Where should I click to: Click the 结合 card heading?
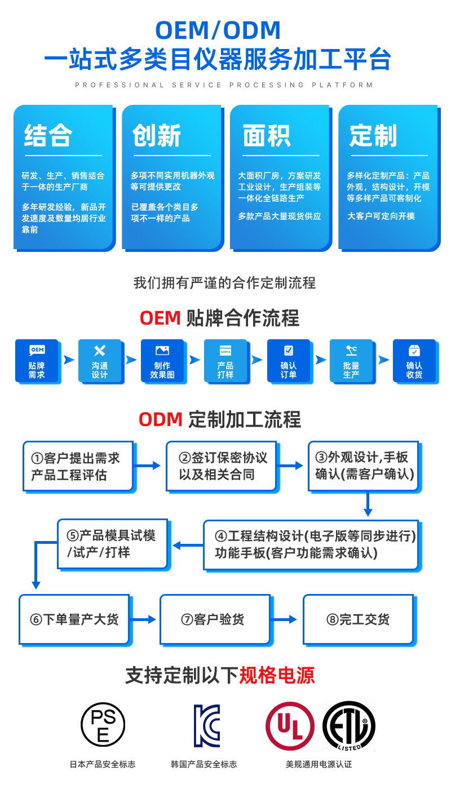(x=48, y=136)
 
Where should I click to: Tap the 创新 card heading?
(x=157, y=136)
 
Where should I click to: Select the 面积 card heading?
(x=266, y=136)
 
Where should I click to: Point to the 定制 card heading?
(x=373, y=136)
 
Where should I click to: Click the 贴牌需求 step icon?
(x=37, y=351)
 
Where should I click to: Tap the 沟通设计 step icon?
(x=100, y=351)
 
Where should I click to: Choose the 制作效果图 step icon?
(x=162, y=351)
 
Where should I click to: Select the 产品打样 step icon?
(x=225, y=351)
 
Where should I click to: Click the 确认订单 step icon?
(x=289, y=351)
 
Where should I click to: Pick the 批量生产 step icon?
(x=351, y=351)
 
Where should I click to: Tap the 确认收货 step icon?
(x=414, y=351)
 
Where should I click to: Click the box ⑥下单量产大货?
(x=74, y=619)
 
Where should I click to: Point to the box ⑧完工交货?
(x=358, y=619)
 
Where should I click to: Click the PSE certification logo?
(x=103, y=724)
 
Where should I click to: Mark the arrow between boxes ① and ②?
(x=149, y=466)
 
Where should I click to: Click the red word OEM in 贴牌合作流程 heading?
(x=160, y=318)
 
